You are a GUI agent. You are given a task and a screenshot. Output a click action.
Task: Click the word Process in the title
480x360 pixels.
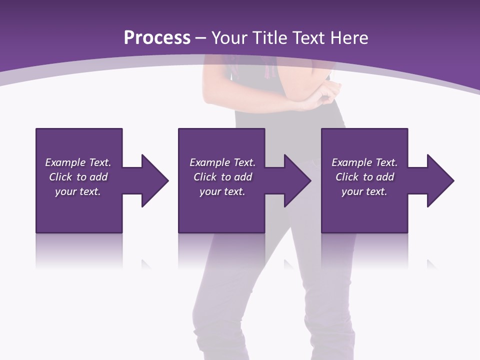click(157, 38)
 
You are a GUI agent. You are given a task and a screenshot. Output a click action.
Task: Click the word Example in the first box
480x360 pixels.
click(65, 162)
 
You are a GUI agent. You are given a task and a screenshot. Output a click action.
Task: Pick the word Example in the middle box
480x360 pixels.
click(210, 162)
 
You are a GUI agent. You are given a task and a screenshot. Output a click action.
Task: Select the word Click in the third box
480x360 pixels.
click(347, 177)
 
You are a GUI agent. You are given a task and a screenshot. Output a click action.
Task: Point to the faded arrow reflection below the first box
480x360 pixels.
click(146, 263)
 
